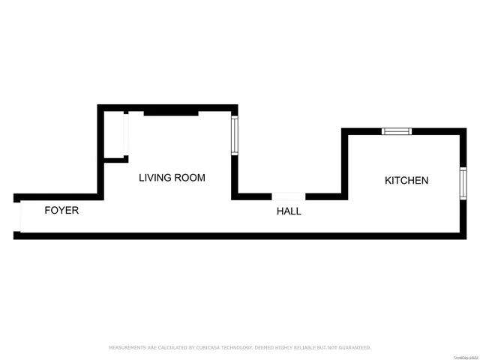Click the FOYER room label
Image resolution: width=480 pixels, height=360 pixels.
(x=61, y=211)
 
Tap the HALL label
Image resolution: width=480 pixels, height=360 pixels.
(x=289, y=211)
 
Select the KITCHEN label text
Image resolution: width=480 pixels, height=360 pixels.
(x=406, y=181)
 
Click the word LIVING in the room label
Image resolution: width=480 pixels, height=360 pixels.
(x=155, y=178)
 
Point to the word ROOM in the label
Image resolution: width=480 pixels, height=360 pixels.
(x=190, y=178)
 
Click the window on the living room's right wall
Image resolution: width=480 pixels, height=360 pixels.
(x=234, y=135)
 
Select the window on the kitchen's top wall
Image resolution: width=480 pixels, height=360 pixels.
(x=396, y=131)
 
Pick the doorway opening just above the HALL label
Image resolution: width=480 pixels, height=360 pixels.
(x=289, y=196)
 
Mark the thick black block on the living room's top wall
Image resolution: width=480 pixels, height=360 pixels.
(x=171, y=112)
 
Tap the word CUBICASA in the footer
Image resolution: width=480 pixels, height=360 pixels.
(x=202, y=347)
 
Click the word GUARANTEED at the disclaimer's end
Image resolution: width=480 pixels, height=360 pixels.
(x=354, y=347)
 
